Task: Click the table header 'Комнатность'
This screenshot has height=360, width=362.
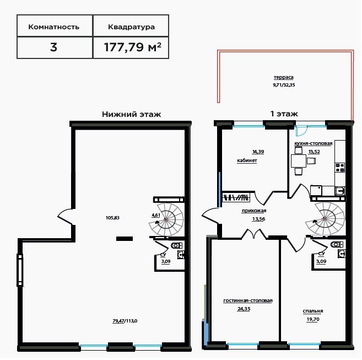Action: pyautogui.click(x=54, y=27)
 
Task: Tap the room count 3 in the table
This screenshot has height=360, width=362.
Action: pyautogui.click(x=53, y=47)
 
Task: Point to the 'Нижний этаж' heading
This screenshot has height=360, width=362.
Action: pyautogui.click(x=131, y=114)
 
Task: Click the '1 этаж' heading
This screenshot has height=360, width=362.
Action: pyautogui.click(x=284, y=114)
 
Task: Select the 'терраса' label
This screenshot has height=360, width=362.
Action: pyautogui.click(x=284, y=77)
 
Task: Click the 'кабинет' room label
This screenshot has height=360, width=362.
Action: pyautogui.click(x=247, y=160)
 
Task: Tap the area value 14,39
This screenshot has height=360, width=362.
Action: pyautogui.click(x=258, y=152)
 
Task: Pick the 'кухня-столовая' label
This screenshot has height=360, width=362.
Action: pyautogui.click(x=314, y=143)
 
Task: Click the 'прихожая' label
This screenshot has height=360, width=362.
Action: pyautogui.click(x=254, y=211)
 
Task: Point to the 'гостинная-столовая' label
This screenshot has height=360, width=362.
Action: pyautogui.click(x=248, y=300)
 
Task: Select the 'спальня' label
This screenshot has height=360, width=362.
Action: pyautogui.click(x=313, y=311)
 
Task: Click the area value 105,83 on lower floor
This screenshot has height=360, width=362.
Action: pyautogui.click(x=112, y=218)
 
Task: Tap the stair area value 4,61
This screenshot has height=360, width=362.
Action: pyautogui.click(x=156, y=215)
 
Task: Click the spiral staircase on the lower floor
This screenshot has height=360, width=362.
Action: pyautogui.click(x=166, y=219)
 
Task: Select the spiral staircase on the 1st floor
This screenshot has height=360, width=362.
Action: pyautogui.click(x=325, y=218)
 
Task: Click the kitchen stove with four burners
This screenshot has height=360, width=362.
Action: pyautogui.click(x=340, y=168)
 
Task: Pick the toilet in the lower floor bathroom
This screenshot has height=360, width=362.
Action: pyautogui.click(x=177, y=245)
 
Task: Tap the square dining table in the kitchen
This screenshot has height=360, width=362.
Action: pyautogui.click(x=299, y=161)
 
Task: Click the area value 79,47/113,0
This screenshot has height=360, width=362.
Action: pyautogui.click(x=125, y=321)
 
